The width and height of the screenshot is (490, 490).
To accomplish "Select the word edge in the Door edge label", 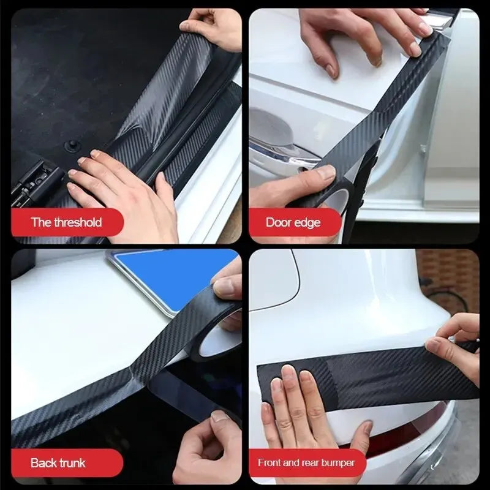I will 308,222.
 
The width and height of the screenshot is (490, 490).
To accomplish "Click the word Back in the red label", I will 44,462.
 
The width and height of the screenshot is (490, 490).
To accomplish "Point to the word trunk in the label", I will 73,462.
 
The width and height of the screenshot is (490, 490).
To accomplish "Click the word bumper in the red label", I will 337,462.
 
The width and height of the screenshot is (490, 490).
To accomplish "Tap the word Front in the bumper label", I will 270,462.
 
